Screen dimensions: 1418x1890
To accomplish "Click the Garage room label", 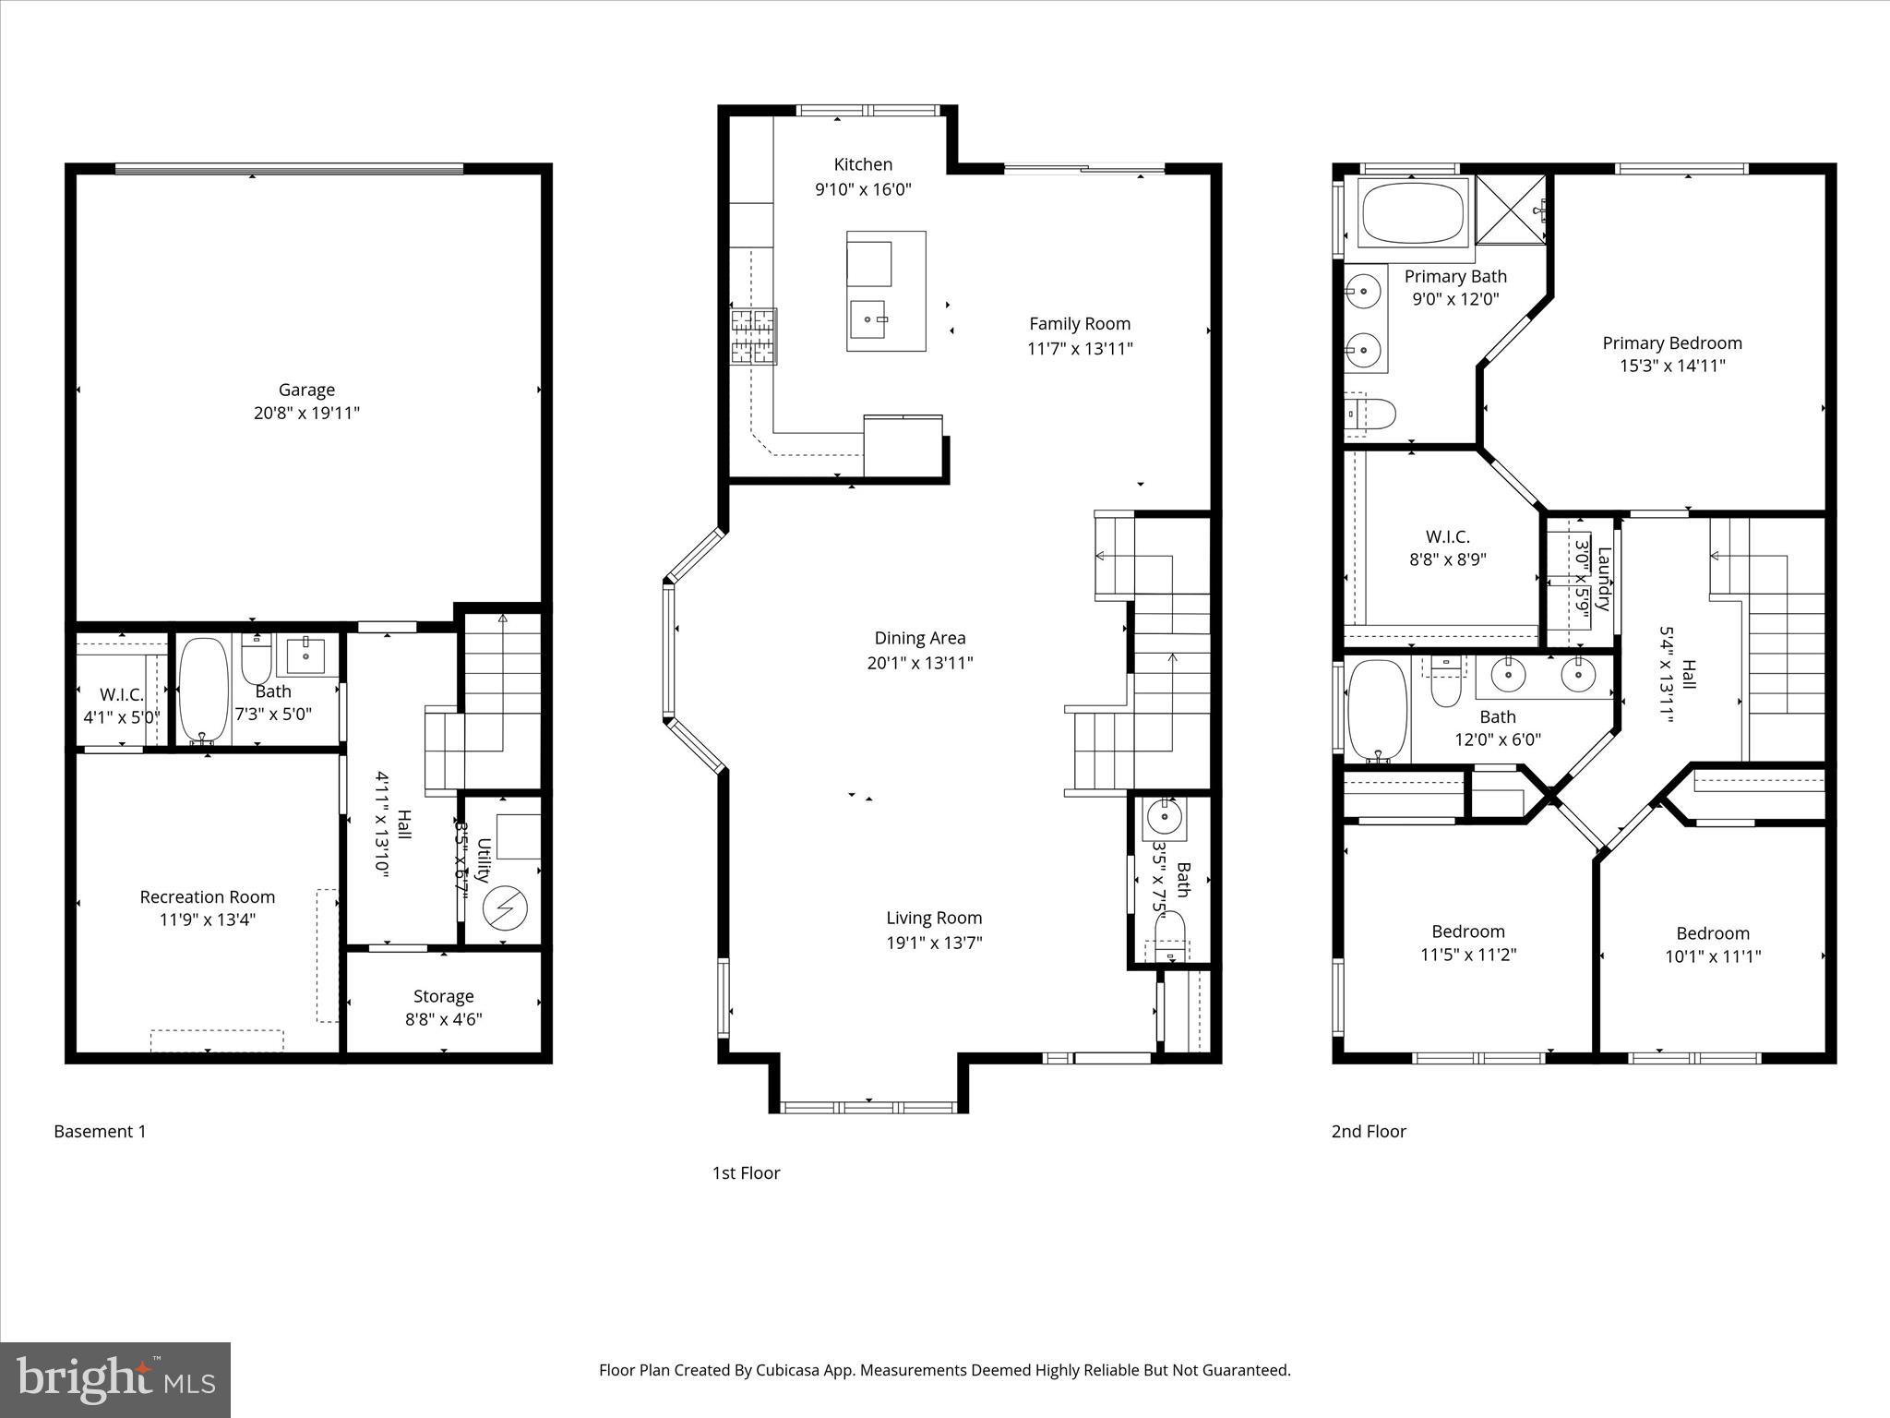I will tap(306, 390).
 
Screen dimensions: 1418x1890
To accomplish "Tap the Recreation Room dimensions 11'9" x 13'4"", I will tap(208, 919).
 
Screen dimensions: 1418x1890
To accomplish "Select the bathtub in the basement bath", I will tap(203, 691).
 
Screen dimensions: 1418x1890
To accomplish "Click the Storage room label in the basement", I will tap(443, 996).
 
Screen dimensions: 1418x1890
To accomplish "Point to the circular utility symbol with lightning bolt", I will tap(506, 908).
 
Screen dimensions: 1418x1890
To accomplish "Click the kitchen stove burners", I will tap(754, 336).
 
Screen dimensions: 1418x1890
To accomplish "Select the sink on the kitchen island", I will tap(867, 319).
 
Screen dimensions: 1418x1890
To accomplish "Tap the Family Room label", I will tap(1080, 324).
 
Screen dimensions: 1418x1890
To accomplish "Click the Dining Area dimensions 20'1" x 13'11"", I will tap(920, 663).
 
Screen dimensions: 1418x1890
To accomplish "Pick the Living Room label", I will tap(934, 918).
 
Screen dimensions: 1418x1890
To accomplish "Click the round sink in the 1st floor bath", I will tap(1164, 816).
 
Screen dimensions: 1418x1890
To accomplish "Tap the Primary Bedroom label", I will tap(1672, 343).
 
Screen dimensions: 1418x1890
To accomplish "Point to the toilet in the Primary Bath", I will tap(1370, 415).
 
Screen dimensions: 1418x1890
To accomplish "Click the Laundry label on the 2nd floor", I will tap(1604, 580).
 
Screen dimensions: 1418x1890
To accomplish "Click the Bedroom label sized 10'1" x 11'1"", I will tap(1713, 933).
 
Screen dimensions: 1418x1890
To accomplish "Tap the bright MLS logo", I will tap(115, 1379).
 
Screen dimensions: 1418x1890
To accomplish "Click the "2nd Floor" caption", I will tap(1369, 1131).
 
